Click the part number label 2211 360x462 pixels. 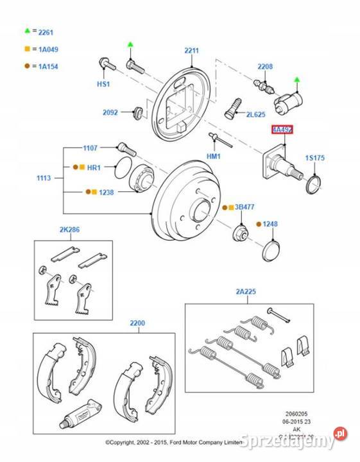tap(191, 51)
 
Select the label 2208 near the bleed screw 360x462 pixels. tap(265, 66)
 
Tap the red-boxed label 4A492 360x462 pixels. tap(282, 130)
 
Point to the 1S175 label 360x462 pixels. tap(315, 157)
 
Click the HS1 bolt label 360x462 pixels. tap(103, 84)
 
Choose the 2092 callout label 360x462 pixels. tap(110, 112)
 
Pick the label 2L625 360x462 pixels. tap(255, 114)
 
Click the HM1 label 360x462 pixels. tap(214, 156)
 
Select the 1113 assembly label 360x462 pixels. tap(44, 178)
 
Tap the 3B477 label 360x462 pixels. tap(244, 207)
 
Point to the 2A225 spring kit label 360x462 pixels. tap(245, 291)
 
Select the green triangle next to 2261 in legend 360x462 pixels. tap(28, 30)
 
